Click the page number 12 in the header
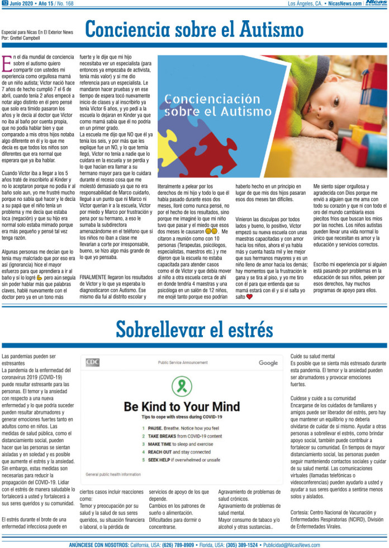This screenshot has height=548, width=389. click(x=5, y=3)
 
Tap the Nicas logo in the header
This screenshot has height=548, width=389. click(x=376, y=3)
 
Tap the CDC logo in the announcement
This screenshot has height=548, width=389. click(x=92, y=362)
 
